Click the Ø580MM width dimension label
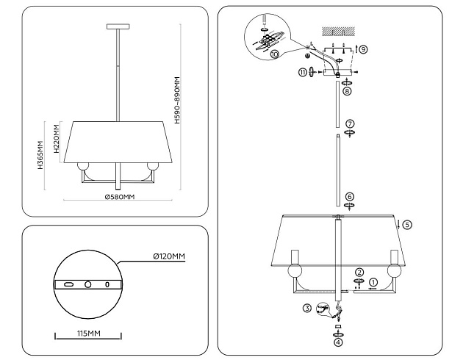pyautogui.click(x=119, y=197)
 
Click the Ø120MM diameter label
pyautogui.click(x=168, y=256)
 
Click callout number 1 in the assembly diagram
pyautogui.click(x=373, y=281)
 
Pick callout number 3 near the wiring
pyautogui.click(x=307, y=308)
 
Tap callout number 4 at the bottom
pyautogui.click(x=338, y=341)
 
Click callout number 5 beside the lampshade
pyautogui.click(x=408, y=224)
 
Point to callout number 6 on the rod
pyautogui.click(x=350, y=196)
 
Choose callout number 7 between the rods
pyautogui.click(x=351, y=123)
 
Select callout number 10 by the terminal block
pyautogui.click(x=275, y=54)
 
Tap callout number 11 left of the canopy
pyautogui.click(x=301, y=71)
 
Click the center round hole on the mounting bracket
pyautogui.click(x=87, y=284)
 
